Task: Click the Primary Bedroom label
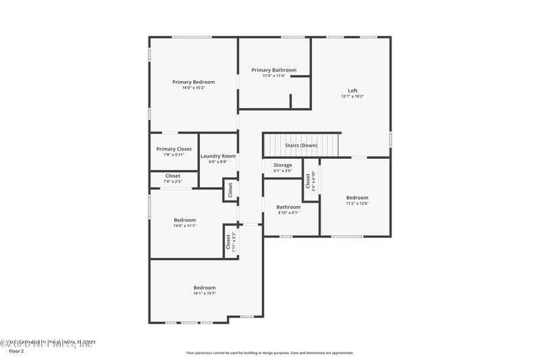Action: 193,82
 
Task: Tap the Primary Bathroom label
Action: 274,70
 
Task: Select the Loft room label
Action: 352,91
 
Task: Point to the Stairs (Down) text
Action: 301,145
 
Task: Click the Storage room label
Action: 283,165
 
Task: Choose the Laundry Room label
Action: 218,156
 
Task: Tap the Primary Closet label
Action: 174,149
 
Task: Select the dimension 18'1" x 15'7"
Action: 205,294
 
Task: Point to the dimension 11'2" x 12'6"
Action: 358,203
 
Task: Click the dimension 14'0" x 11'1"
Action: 185,226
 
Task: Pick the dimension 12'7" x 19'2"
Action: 352,97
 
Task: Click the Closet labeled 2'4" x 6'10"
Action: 308,180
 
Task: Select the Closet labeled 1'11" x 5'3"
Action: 230,241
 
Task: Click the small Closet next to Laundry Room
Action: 230,190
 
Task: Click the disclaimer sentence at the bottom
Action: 270,353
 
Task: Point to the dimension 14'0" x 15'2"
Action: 193,88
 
